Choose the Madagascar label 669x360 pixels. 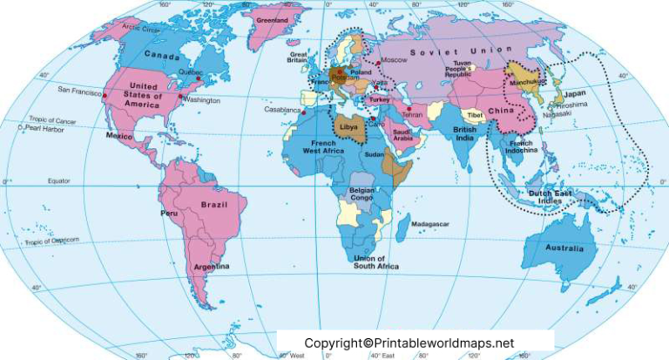pyautogui.click(x=431, y=224)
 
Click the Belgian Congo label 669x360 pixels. pyautogui.click(x=362, y=194)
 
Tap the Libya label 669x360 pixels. pyautogui.click(x=348, y=126)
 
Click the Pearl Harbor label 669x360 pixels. pyautogui.click(x=44, y=128)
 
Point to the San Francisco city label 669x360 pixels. pyautogui.click(x=80, y=90)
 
